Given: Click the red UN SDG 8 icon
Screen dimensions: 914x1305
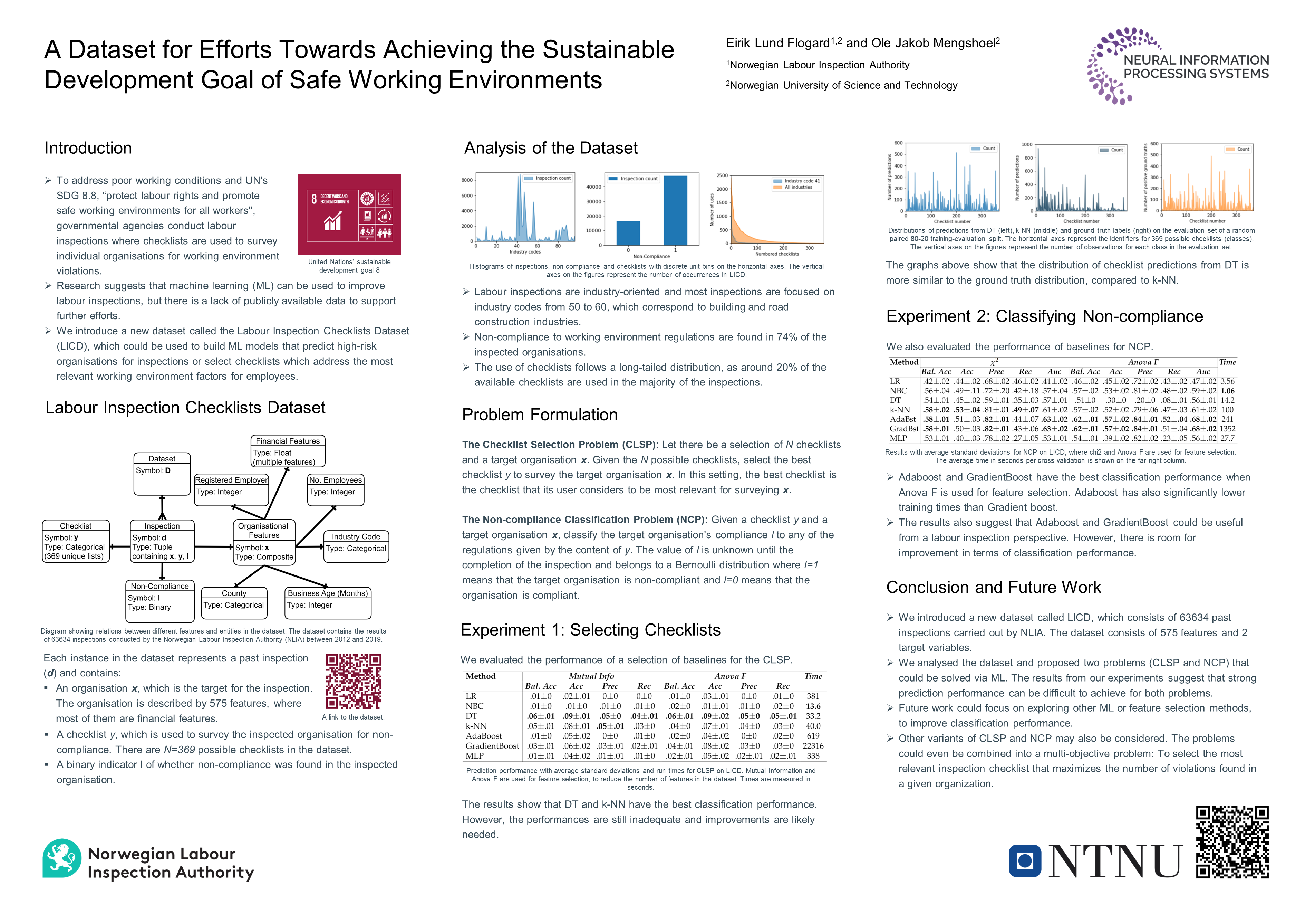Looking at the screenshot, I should pyautogui.click(x=349, y=215).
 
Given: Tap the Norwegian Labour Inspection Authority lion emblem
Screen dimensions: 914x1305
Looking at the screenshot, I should pyautogui.click(x=62, y=858).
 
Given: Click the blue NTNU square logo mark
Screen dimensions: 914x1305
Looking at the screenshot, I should pyautogui.click(x=1024, y=860).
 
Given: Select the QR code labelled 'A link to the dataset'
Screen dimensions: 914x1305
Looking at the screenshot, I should pyautogui.click(x=353, y=681).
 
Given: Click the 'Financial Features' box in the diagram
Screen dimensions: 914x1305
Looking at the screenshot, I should pyautogui.click(x=288, y=451).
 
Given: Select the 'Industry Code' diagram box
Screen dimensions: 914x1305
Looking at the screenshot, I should pyautogui.click(x=356, y=546).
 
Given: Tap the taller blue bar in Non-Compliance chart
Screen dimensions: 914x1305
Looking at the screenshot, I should pyautogui.click(x=675, y=210).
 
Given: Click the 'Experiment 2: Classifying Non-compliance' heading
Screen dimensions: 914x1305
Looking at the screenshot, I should pyautogui.click(x=1044, y=316).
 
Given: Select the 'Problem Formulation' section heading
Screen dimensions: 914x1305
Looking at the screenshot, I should pyautogui.click(x=539, y=415).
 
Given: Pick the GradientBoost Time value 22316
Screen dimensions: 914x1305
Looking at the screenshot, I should pyautogui.click(x=813, y=746).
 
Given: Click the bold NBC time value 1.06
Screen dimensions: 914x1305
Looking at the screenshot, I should pyautogui.click(x=1227, y=391).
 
